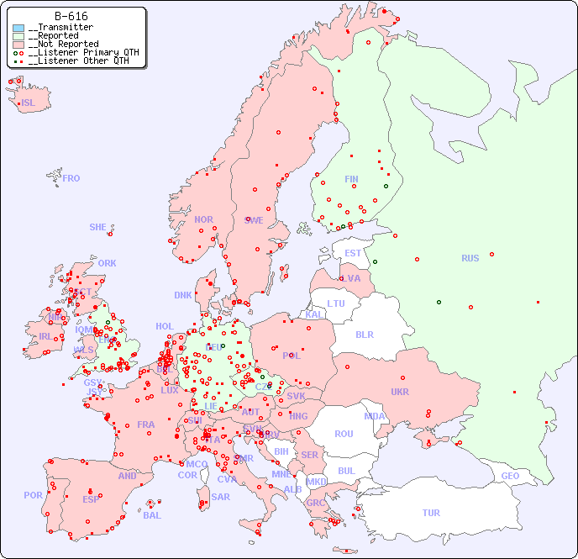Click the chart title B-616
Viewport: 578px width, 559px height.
71,16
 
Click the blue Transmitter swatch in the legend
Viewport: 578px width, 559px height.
18,28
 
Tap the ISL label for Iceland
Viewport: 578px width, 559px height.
29,103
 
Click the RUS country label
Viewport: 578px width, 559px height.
470,258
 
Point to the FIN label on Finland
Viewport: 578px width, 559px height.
351,179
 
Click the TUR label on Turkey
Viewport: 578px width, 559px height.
431,513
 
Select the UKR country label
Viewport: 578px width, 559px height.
399,392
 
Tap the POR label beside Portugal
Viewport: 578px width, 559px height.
33,495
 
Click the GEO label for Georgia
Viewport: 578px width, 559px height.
510,476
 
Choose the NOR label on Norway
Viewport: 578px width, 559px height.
203,219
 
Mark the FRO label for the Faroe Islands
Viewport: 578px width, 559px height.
71,178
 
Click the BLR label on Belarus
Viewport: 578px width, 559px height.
364,335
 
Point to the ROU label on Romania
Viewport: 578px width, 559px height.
344,434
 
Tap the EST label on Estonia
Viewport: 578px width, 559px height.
353,253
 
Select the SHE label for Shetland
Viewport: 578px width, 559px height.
98,227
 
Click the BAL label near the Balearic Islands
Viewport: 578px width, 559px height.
152,515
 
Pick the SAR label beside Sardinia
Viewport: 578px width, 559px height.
220,497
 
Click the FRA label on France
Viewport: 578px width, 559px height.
146,425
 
